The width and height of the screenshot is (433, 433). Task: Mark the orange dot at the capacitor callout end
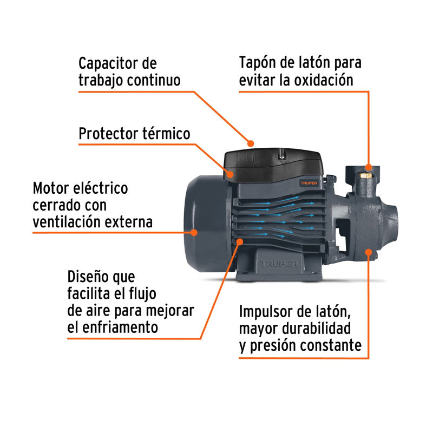coord(251,143)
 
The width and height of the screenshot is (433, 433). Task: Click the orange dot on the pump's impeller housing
coord(369,251)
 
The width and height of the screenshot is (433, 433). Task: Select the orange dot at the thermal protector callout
coord(230,174)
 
